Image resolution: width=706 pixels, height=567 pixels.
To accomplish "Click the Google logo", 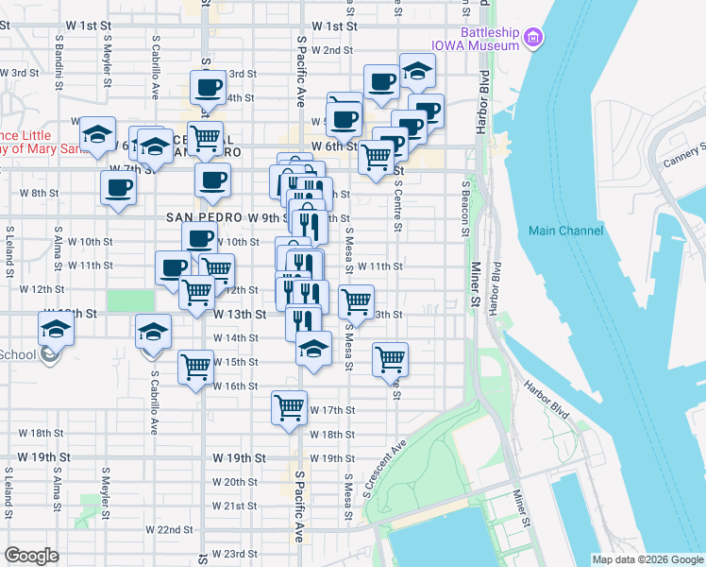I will (31, 556).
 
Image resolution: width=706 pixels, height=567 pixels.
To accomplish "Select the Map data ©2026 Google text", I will (647, 559).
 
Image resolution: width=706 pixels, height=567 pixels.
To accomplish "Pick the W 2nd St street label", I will (331, 50).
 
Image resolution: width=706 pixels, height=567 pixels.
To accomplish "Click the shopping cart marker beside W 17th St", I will (290, 408).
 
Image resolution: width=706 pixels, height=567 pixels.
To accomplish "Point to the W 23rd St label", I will (235, 554).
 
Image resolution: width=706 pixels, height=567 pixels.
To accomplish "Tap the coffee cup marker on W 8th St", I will (119, 186).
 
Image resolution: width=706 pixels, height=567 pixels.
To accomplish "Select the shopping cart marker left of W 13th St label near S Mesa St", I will (356, 302).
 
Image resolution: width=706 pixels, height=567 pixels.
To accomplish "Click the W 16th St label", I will (235, 386).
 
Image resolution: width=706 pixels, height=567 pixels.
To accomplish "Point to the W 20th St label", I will (235, 482).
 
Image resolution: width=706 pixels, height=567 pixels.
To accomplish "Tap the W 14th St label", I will (235, 338).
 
